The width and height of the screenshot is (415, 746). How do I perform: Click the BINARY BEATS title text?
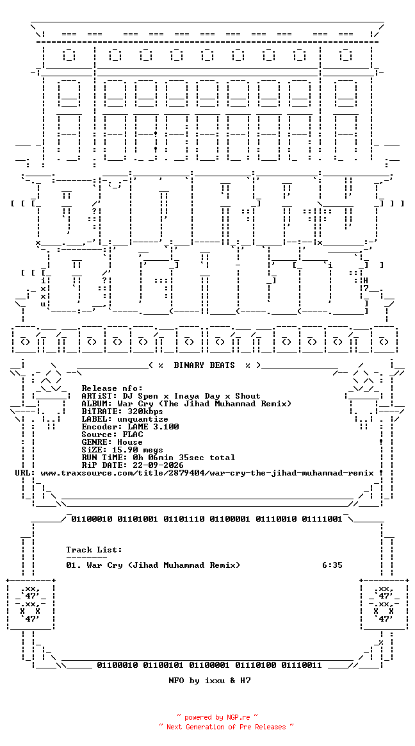204,365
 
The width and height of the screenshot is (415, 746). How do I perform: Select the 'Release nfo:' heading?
112,388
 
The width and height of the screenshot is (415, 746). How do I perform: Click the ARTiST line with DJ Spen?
171,396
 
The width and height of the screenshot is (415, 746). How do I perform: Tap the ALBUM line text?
186,404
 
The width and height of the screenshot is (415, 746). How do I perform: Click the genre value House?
130,442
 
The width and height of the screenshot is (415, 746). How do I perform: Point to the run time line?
158,458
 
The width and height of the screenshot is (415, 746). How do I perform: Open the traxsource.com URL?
207,473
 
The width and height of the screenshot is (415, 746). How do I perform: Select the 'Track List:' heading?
94,550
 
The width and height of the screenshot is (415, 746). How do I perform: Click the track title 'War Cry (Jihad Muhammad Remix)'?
163,565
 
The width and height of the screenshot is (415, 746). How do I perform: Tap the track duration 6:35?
332,565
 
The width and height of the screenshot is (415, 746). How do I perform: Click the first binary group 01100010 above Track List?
92,519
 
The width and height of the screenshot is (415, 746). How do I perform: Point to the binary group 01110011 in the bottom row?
302,665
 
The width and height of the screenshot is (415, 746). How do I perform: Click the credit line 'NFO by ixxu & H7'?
209,681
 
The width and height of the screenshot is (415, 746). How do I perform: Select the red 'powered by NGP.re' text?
217,717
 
